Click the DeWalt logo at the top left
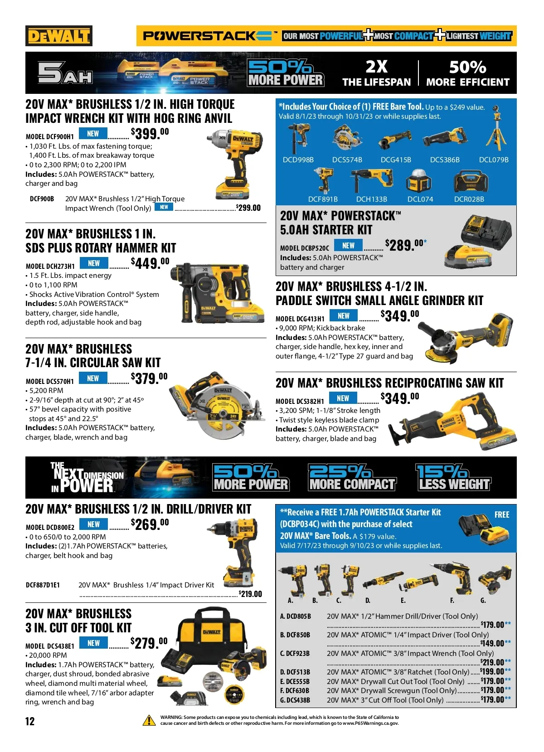click(59, 36)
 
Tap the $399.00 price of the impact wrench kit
click(150, 133)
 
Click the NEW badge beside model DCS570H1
click(93, 378)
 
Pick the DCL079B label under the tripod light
click(494, 160)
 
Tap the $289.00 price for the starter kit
click(406, 245)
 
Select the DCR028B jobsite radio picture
click(471, 182)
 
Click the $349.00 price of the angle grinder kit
click(399, 315)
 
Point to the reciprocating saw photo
click(452, 421)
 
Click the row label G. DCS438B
click(295, 700)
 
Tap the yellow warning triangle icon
click(149, 720)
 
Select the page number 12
click(30, 721)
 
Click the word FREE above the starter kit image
click(502, 514)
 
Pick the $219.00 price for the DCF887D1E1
click(250, 593)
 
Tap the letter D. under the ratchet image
click(368, 600)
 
